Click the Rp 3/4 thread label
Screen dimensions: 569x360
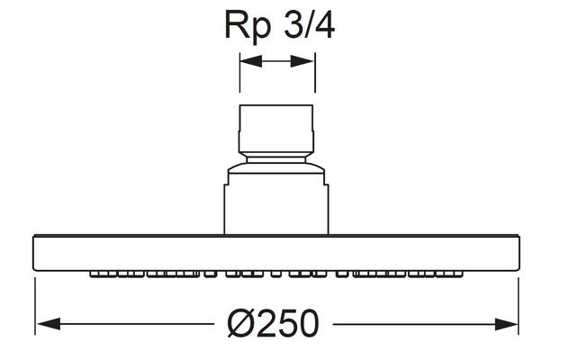pos(279,25)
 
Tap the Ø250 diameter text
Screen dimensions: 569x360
pos(274,324)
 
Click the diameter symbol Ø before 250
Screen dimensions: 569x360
pos(239,324)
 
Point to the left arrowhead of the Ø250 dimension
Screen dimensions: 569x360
pos(49,323)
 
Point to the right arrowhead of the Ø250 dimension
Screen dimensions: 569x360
pos(506,324)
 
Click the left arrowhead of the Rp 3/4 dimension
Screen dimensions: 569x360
pos(251,61)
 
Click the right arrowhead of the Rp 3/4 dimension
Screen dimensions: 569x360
pos(303,61)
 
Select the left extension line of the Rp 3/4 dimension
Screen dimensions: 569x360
pos(239,73)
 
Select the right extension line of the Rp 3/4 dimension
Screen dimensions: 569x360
pos(314,73)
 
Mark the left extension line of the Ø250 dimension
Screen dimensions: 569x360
pos(35,306)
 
